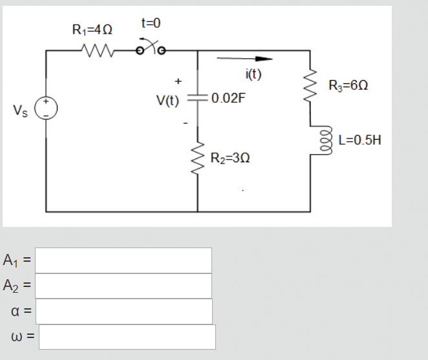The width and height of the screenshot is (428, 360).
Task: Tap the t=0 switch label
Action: tap(149, 23)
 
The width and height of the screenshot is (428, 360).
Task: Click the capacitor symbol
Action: tap(197, 100)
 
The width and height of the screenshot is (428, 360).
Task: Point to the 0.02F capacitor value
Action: tap(228, 100)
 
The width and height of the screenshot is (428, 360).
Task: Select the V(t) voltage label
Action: tap(167, 100)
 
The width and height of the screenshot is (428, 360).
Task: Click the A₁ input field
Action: tap(123, 260)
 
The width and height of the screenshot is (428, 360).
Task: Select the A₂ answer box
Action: tap(123, 286)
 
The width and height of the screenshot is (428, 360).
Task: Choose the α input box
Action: tap(123, 311)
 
